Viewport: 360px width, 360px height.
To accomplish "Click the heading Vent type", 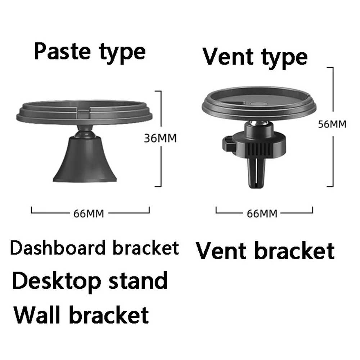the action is coord(255,57).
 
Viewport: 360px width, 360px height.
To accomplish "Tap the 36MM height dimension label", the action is coord(160,138).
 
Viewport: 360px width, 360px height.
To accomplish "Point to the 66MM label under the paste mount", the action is coord(89,213).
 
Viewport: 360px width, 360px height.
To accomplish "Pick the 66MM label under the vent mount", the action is coord(262,213).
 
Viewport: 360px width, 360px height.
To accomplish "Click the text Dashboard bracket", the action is coord(94,248).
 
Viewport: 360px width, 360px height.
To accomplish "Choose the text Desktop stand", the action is coord(90,281).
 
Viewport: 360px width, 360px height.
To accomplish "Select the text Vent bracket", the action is coord(265,251).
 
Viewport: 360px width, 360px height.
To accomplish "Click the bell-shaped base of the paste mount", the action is coord(85,162).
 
